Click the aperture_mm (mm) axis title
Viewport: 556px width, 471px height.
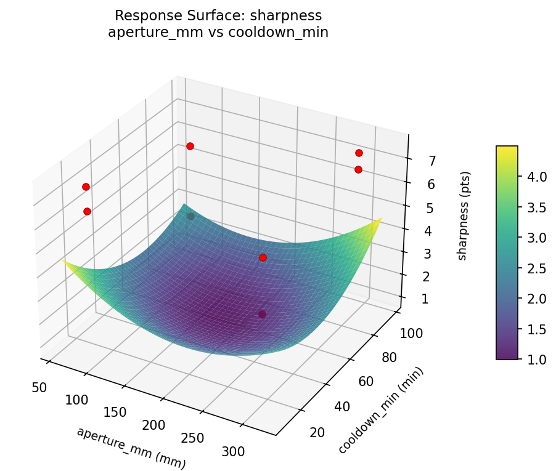point(131,447)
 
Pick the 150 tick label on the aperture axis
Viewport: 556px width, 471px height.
point(115,412)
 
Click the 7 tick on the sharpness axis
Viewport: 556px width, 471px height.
point(424,161)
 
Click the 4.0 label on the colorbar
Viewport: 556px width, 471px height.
point(538,177)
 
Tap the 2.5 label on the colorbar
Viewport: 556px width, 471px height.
point(538,268)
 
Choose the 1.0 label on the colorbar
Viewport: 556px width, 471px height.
point(538,360)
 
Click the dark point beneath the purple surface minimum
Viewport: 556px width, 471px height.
point(263,314)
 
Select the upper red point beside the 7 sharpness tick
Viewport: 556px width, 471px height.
point(359,153)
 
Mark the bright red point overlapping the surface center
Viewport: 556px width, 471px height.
point(263,257)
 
